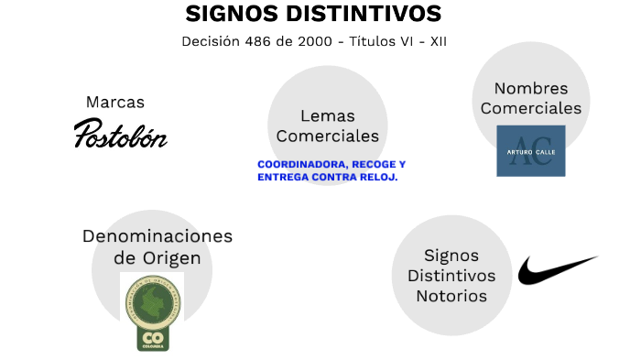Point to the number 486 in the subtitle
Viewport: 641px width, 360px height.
pyautogui.click(x=251, y=41)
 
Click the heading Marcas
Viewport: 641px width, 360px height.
pyautogui.click(x=115, y=102)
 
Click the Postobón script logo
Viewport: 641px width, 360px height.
pyautogui.click(x=120, y=135)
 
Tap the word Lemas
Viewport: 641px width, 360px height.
pyautogui.click(x=327, y=115)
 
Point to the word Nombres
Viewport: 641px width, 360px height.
pyautogui.click(x=530, y=88)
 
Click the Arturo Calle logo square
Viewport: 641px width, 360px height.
pyautogui.click(x=530, y=150)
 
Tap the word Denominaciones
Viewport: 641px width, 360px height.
pyautogui.click(x=158, y=235)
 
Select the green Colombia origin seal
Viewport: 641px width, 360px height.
pyautogui.click(x=152, y=311)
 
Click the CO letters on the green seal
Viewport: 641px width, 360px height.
pyautogui.click(x=152, y=336)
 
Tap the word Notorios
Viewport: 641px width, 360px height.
pyautogui.click(x=451, y=296)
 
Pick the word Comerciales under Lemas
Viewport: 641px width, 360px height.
pyautogui.click(x=327, y=136)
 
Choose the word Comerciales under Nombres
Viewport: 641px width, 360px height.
pyautogui.click(x=530, y=108)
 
